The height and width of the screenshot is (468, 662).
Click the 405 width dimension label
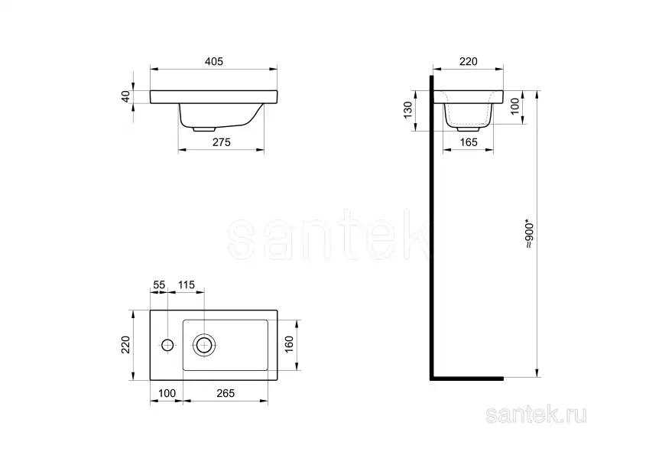pos(213,61)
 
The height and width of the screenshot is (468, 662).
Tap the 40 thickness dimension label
pos(126,96)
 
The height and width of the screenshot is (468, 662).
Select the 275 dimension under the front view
pos(221,142)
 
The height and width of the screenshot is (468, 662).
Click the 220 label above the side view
pos(468,61)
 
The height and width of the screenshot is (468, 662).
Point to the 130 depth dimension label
pos(407,110)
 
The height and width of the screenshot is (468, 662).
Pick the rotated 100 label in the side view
pos(514,106)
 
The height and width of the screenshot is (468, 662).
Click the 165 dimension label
pos(468,142)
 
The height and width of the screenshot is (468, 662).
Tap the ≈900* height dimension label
pos(530,233)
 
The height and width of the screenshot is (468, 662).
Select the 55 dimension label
pos(159,285)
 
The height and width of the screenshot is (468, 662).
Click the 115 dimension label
pos(187,285)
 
